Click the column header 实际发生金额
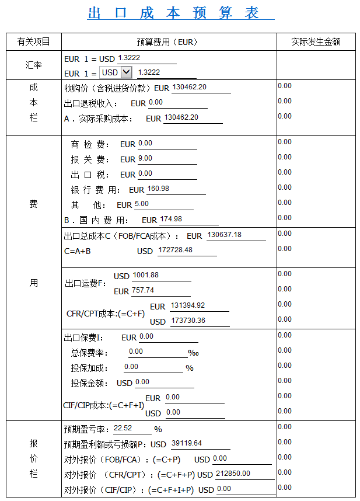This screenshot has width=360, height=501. tap(316, 42)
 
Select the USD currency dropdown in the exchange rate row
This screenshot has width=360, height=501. tap(116, 72)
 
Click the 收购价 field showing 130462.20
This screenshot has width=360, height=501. tap(201, 88)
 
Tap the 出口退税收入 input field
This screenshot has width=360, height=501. tap(177, 103)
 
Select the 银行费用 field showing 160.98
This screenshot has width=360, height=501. tap(176, 189)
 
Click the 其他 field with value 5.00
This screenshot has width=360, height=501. tap(163, 204)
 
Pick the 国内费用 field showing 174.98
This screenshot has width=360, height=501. tap(188, 220)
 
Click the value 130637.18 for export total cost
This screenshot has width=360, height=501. tap(235, 235)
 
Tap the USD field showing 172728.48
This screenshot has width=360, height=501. tap(187, 251)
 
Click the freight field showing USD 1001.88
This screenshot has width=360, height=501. tap(161, 276)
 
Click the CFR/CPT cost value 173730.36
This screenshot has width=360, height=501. tap(200, 321)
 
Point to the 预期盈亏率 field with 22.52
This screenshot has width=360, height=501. tap(132, 428)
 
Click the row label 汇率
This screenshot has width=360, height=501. tap(34, 65)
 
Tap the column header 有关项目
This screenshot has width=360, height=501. tap(34, 42)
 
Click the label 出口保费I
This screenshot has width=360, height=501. tap(83, 338)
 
